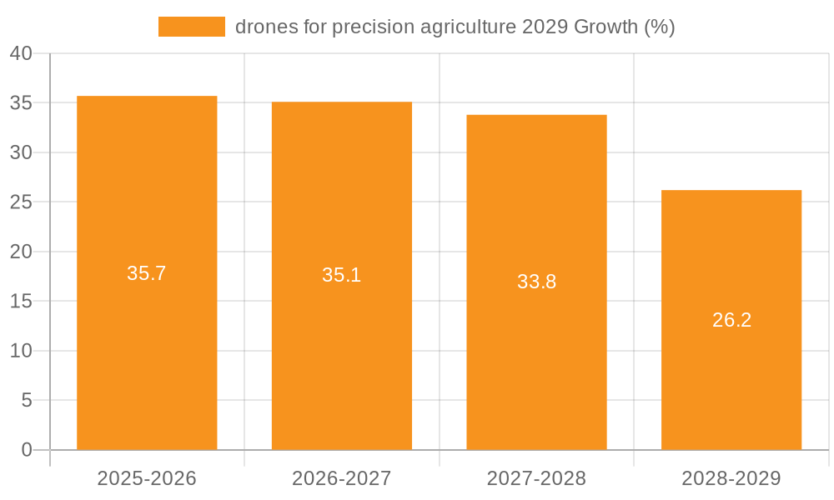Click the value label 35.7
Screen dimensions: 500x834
point(147,273)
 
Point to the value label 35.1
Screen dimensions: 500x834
point(342,275)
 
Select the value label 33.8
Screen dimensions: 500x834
point(536,282)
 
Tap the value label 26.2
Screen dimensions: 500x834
point(731,320)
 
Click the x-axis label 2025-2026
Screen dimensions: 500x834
point(147,478)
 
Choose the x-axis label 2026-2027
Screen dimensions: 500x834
point(342,478)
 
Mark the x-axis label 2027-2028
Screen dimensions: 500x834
point(536,478)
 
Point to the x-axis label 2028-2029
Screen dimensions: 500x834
point(731,478)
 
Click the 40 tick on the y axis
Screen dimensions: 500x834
point(21,54)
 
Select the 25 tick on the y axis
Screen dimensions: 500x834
point(21,202)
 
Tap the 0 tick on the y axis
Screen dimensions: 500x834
point(27,450)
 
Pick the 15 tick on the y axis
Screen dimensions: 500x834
point(21,302)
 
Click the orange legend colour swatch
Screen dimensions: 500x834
point(192,27)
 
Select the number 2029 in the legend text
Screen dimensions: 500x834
point(545,27)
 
